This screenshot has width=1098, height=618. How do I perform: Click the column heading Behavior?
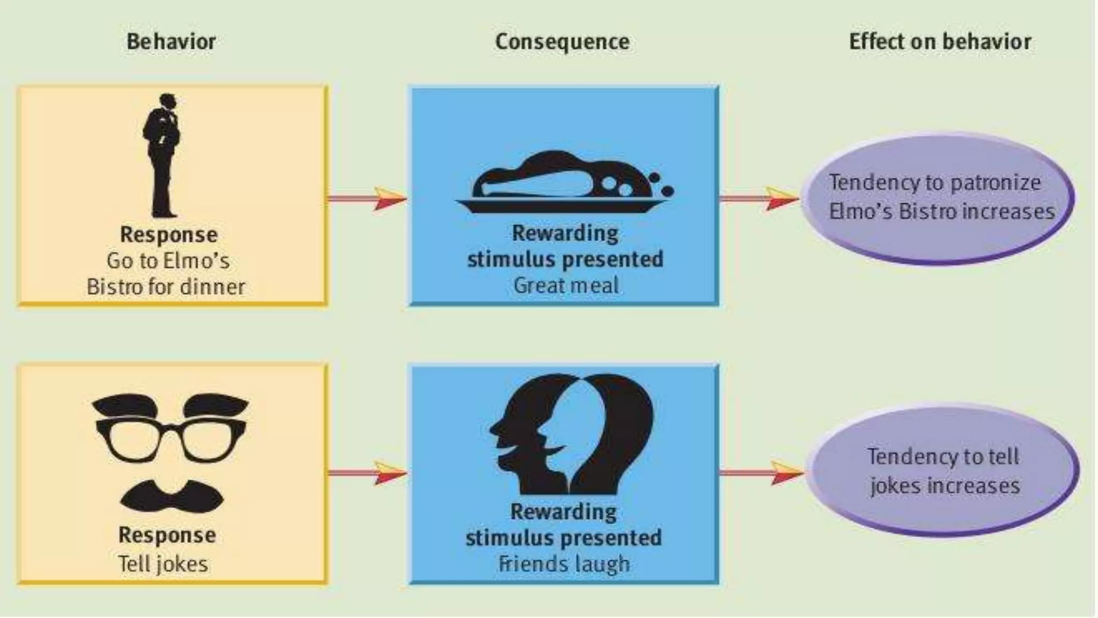tap(171, 42)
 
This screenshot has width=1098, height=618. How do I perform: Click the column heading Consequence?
tap(562, 42)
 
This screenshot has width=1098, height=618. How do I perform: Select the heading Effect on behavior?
tap(940, 42)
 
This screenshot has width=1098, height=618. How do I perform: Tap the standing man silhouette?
tap(162, 156)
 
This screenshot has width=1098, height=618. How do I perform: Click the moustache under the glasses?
tap(172, 496)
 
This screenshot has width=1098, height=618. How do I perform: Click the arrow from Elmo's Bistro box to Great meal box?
tap(368, 198)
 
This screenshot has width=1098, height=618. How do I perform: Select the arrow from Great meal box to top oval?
tap(759, 198)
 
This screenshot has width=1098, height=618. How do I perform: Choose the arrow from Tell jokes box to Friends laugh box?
tap(368, 473)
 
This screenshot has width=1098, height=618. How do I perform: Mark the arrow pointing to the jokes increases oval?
tap(761, 473)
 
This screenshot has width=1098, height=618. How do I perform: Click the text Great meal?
tap(566, 285)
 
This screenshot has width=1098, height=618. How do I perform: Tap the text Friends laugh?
tap(564, 564)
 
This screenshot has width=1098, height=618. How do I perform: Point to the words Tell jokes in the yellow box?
tap(163, 564)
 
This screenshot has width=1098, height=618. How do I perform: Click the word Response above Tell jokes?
tap(167, 535)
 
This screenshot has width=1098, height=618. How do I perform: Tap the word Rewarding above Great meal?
tap(565, 233)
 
